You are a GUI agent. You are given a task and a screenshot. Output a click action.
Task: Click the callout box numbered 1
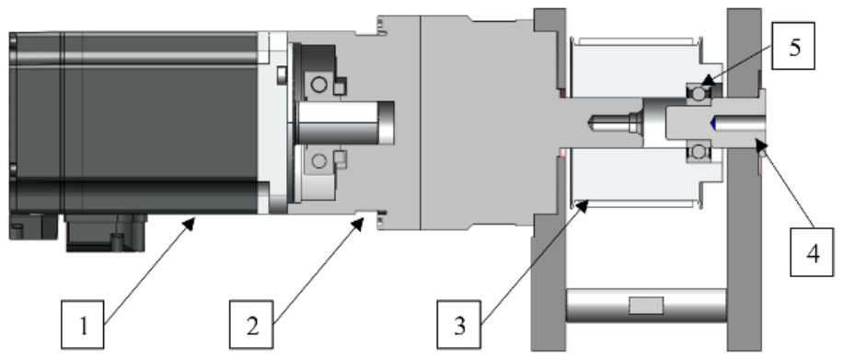click(x=83, y=324)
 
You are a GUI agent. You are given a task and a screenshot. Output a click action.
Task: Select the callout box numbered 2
click(x=251, y=324)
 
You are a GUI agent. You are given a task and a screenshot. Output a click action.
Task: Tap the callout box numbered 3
click(x=458, y=324)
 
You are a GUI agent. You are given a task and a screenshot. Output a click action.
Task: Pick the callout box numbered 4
click(x=812, y=252)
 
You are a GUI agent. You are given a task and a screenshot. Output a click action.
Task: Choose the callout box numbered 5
click(x=793, y=46)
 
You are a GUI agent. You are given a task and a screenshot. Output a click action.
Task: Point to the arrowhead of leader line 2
click(x=358, y=224)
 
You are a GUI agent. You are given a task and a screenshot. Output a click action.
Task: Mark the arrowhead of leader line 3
click(x=583, y=204)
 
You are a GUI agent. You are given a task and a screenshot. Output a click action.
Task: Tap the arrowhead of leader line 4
click(x=759, y=143)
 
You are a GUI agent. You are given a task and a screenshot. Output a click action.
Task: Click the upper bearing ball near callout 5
click(x=699, y=94)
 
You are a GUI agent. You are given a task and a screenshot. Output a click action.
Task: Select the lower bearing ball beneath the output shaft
click(x=699, y=152)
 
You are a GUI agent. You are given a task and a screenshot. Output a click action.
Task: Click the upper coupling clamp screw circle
click(x=318, y=85)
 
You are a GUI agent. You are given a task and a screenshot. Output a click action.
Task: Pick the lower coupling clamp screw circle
click(x=318, y=160)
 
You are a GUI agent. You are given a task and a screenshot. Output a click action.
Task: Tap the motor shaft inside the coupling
click(x=345, y=122)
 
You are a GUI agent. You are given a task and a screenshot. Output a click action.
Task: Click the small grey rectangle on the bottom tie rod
click(x=646, y=306)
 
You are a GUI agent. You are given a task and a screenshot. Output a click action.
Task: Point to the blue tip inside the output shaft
click(x=712, y=123)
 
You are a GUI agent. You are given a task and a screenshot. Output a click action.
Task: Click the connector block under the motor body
click(x=105, y=233)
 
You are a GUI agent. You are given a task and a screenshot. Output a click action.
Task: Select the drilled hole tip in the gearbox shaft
click(x=593, y=123)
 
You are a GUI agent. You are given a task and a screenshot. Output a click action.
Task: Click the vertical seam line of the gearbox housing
click(x=420, y=122)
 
